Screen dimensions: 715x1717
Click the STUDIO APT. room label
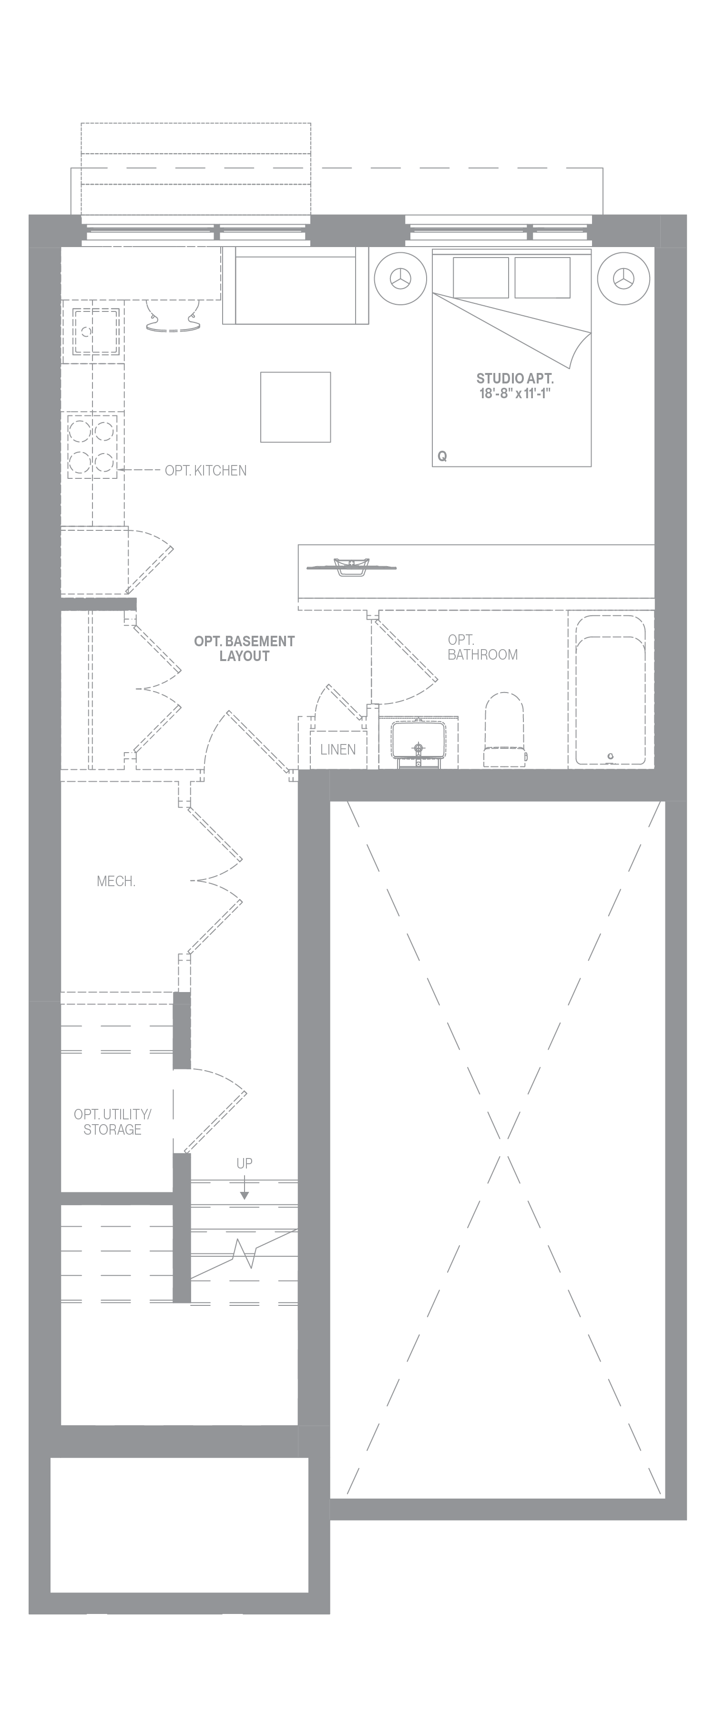pyautogui.click(x=514, y=379)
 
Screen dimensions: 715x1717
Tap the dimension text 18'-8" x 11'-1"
pyautogui.click(x=514, y=393)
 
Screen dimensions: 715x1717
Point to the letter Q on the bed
pyautogui.click(x=442, y=456)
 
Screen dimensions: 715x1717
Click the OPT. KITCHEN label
pyautogui.click(x=205, y=471)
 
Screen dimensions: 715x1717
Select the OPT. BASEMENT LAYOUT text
pyautogui.click(x=244, y=649)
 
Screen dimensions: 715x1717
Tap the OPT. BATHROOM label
pyautogui.click(x=482, y=647)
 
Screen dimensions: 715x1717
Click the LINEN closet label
pyautogui.click(x=338, y=749)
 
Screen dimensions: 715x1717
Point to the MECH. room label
pyautogui.click(x=116, y=881)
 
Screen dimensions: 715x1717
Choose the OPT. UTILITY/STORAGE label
pyautogui.click(x=112, y=1122)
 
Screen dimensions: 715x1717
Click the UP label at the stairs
pyautogui.click(x=244, y=1163)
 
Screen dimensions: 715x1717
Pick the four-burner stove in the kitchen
pyautogui.click(x=92, y=445)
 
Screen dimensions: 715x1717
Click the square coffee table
pyautogui.click(x=295, y=406)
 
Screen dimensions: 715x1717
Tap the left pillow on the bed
pyautogui.click(x=480, y=277)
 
